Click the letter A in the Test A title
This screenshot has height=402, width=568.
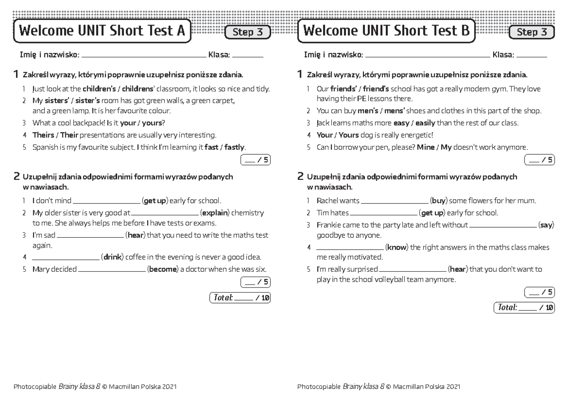(x=180, y=31)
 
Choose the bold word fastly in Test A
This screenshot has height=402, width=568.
(x=235, y=147)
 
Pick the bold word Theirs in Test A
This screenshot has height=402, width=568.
(x=43, y=135)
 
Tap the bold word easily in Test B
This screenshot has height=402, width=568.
(x=425, y=123)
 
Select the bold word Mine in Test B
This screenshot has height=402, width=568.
(x=425, y=147)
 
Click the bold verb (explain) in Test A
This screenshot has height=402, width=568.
(x=215, y=213)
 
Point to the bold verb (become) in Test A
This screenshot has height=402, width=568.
(x=163, y=269)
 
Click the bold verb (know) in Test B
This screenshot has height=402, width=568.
(x=397, y=247)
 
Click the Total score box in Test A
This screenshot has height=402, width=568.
(x=240, y=298)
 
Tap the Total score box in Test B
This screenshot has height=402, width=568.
(x=524, y=307)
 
